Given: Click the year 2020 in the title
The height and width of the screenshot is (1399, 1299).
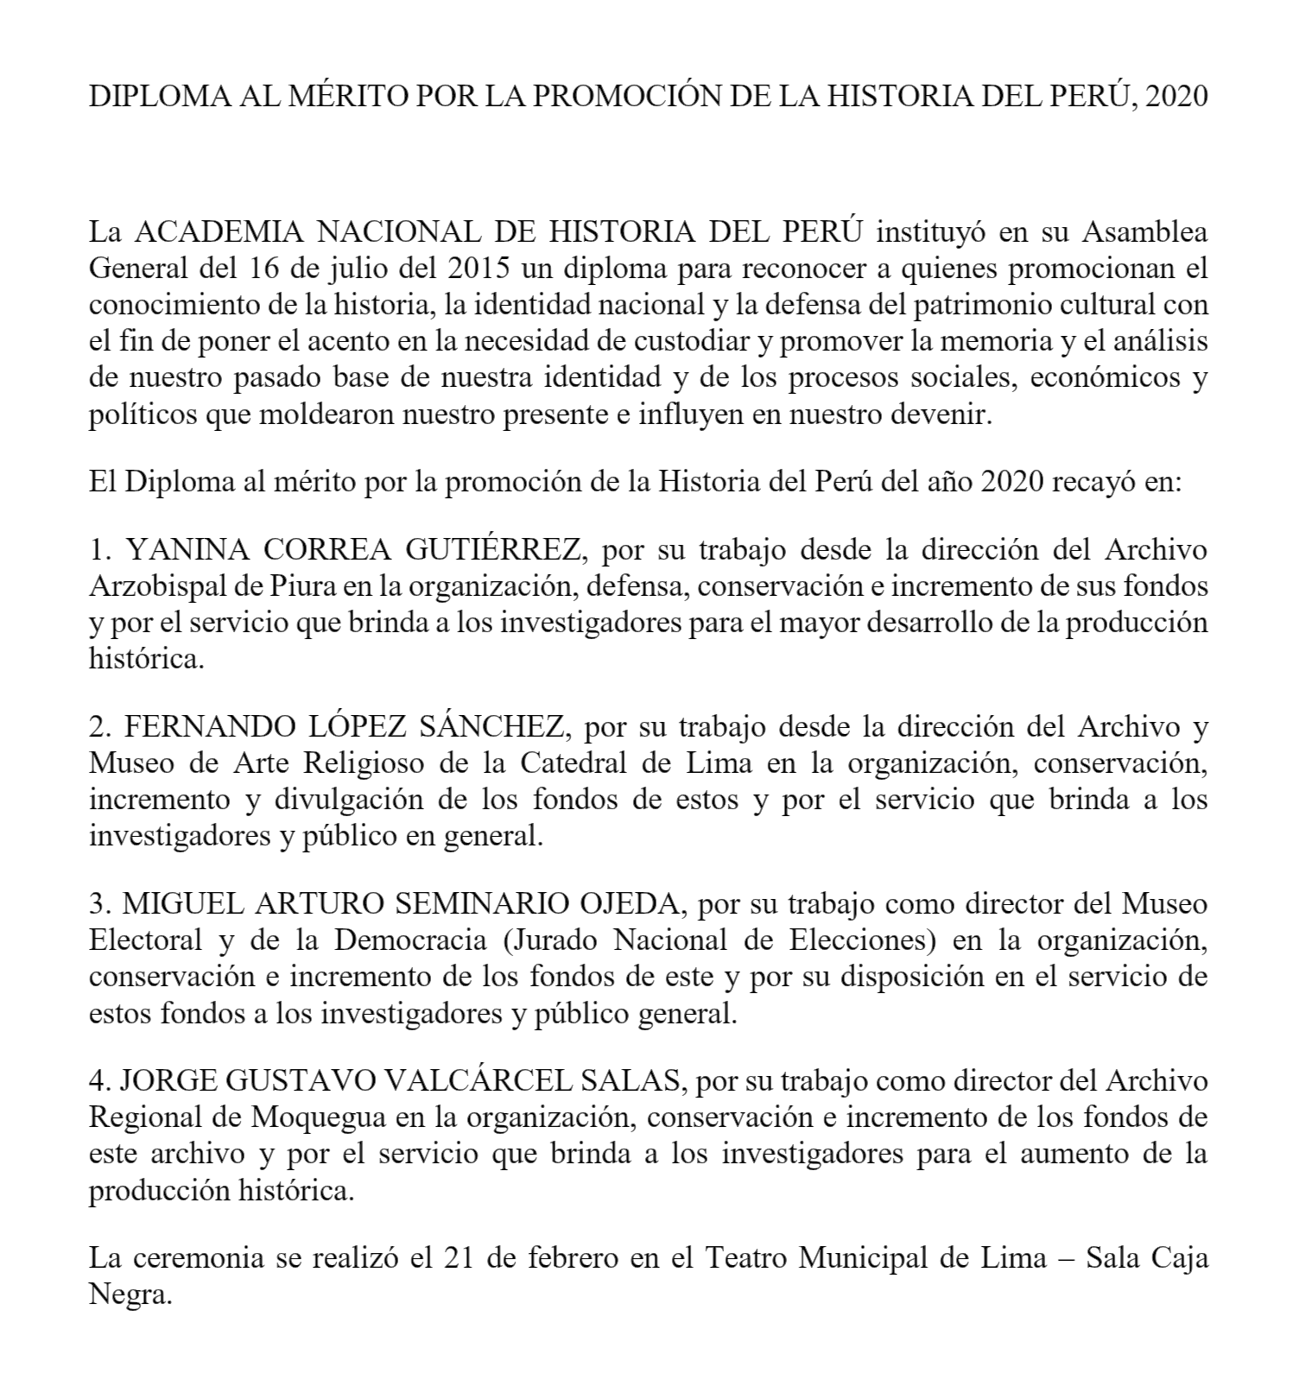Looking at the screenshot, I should [x=1172, y=96].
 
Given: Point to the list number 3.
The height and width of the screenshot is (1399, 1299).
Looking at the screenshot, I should [x=97, y=904].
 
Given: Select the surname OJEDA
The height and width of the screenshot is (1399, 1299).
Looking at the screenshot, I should [x=627, y=904].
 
